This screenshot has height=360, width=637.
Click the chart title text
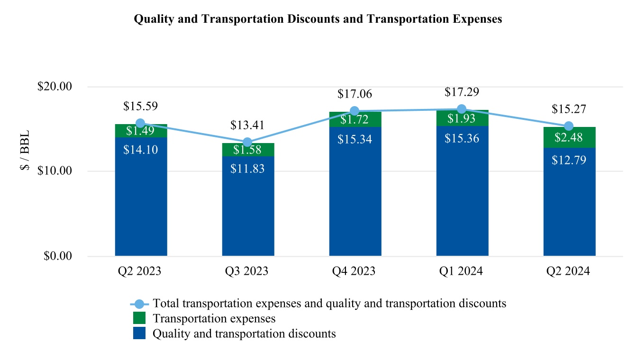point(318,19)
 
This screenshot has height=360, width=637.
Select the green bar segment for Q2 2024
point(569,137)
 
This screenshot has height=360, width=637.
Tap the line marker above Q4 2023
point(355,112)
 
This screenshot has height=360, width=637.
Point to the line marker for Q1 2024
point(462,109)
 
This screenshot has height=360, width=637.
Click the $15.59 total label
point(140,106)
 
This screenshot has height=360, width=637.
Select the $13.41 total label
point(247,126)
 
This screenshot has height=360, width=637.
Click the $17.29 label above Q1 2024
point(462,92)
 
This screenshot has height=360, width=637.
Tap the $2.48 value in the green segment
point(569,138)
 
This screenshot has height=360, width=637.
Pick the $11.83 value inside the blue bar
point(247,169)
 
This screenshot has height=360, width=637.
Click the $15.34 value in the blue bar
point(355,139)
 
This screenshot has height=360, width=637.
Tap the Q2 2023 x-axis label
point(140,271)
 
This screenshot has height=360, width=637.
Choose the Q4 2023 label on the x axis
point(355,271)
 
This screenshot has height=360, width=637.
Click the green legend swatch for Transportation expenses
point(139,318)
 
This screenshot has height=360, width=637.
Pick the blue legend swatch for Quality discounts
point(139,333)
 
